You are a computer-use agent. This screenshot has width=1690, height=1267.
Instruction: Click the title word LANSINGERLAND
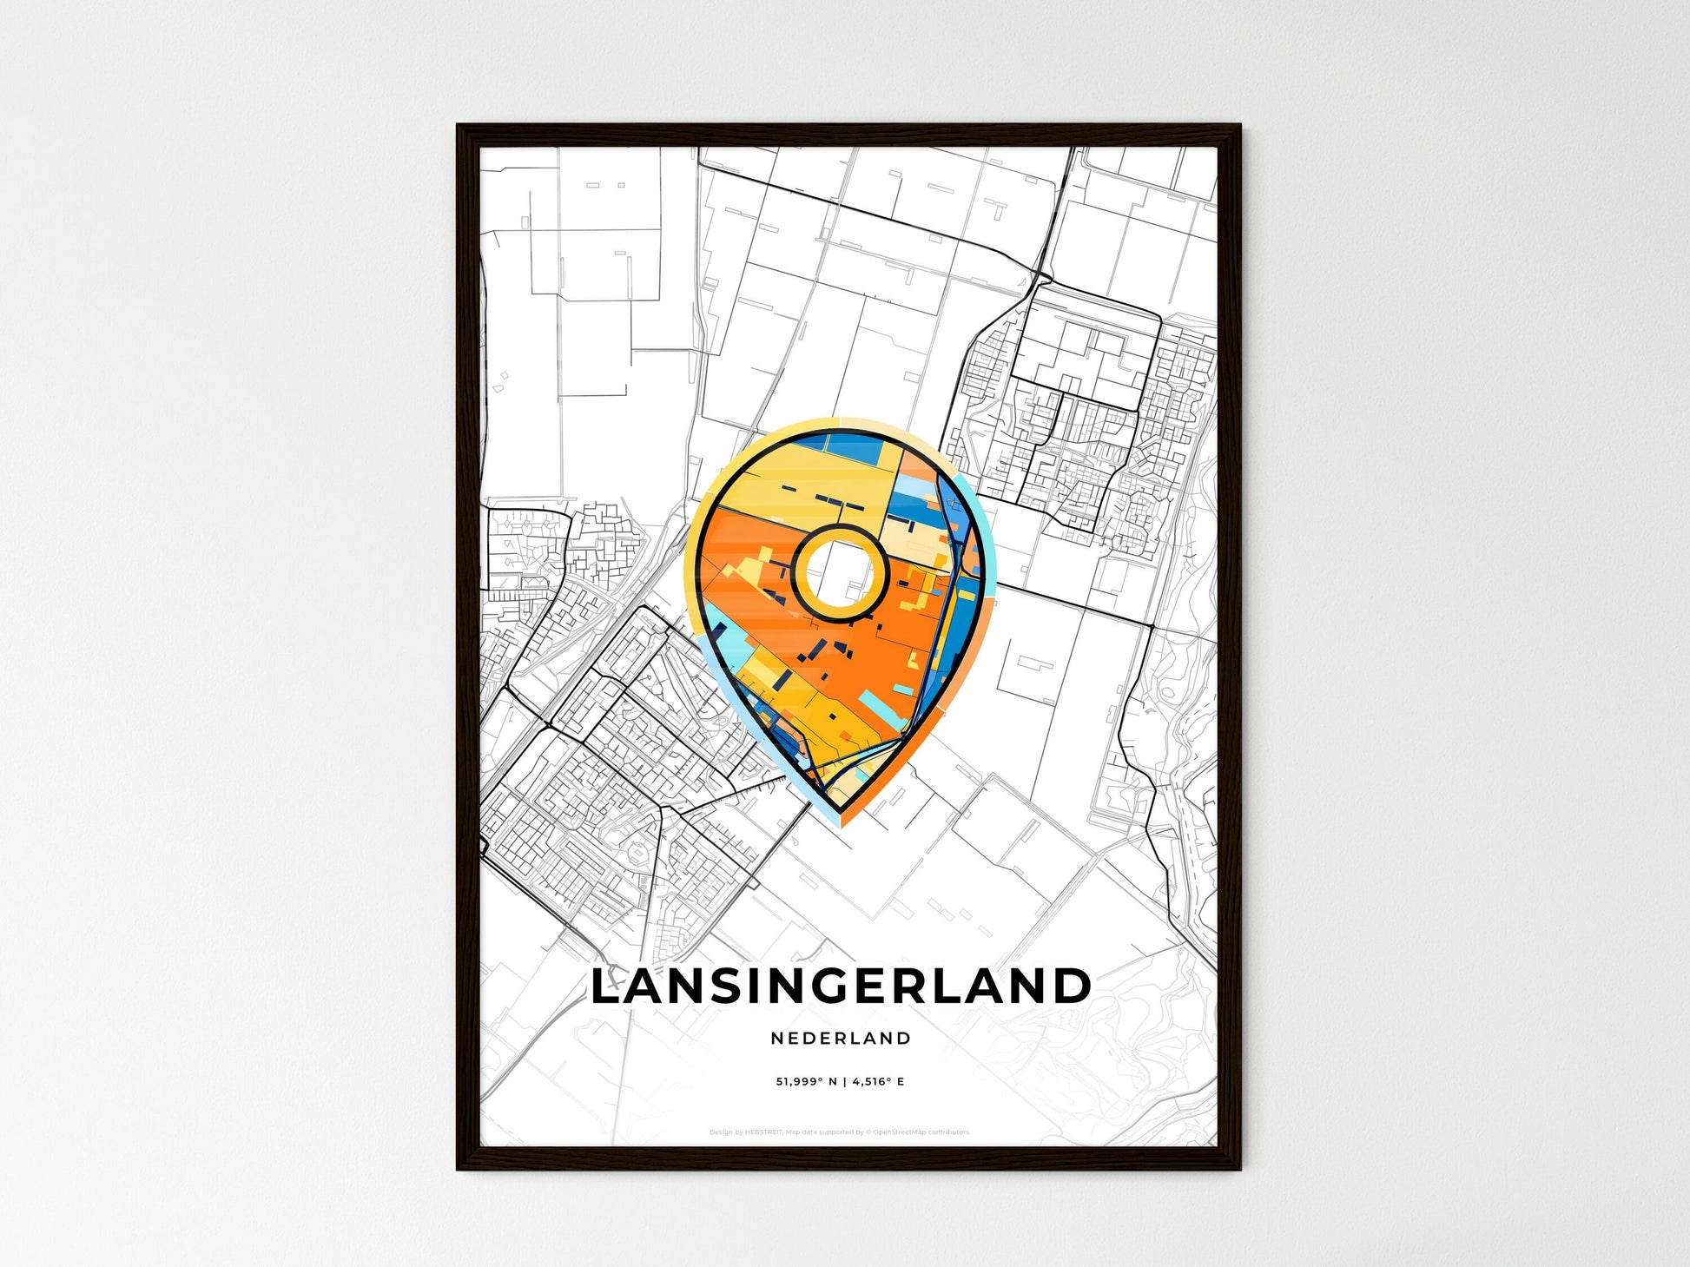point(840,987)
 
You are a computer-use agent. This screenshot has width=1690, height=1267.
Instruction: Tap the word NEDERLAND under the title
point(841,1038)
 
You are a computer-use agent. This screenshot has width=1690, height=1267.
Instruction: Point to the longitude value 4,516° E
point(878,1082)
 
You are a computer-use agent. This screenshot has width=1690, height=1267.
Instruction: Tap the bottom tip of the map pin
point(841,825)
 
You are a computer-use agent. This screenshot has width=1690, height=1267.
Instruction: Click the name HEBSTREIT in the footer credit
point(764,1132)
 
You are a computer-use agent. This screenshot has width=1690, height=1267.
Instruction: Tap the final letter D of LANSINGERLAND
point(1073,987)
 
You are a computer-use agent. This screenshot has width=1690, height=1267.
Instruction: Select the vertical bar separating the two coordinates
point(843,1082)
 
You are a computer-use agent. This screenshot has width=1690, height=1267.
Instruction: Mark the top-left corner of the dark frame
point(459,127)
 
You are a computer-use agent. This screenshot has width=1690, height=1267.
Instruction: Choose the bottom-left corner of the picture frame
point(459,1168)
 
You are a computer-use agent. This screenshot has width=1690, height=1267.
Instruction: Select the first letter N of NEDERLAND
point(776,1038)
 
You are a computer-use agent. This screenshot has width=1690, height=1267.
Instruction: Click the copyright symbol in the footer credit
point(868,1132)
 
